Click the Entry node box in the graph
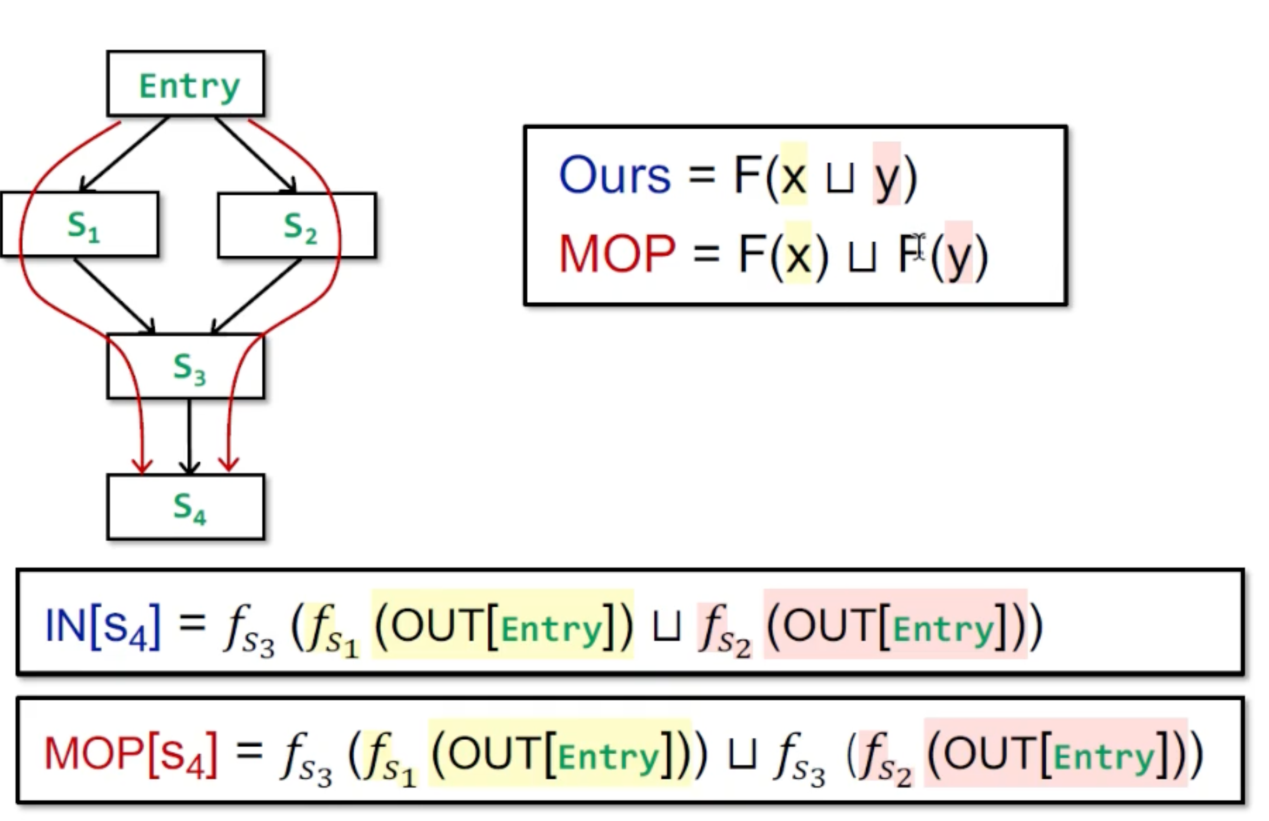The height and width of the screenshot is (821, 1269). point(185,84)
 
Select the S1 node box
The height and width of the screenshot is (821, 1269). point(80,224)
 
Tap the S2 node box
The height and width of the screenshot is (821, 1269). point(297,226)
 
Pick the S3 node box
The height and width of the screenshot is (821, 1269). point(185,366)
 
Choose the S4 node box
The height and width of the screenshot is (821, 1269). point(185,507)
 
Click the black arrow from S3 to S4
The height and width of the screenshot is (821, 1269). point(189,434)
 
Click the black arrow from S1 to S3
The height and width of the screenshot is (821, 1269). point(113,295)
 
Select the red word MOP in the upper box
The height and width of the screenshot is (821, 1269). point(617,254)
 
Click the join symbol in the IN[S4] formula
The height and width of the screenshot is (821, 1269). point(666,627)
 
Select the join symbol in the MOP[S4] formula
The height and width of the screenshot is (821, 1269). point(742,755)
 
